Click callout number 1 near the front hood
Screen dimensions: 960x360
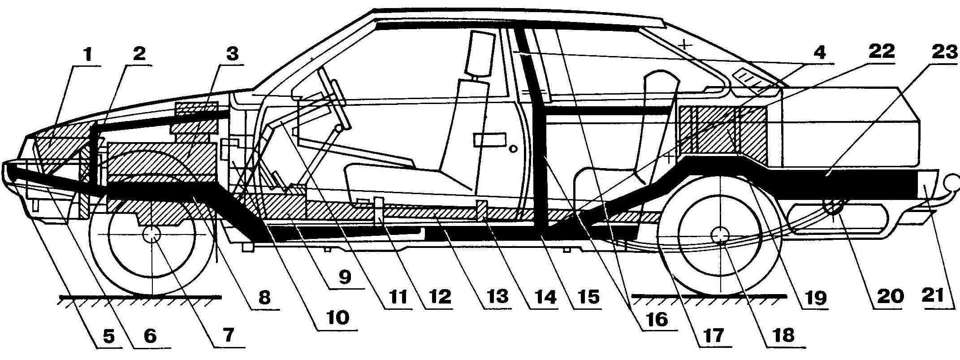click(88, 56)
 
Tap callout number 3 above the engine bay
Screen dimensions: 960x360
click(232, 56)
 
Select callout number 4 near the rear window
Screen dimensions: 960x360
click(818, 53)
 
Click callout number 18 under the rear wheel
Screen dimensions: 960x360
click(783, 334)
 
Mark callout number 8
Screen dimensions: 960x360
click(264, 298)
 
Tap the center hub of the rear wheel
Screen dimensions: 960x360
click(720, 236)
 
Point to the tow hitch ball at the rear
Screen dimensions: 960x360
click(950, 182)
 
